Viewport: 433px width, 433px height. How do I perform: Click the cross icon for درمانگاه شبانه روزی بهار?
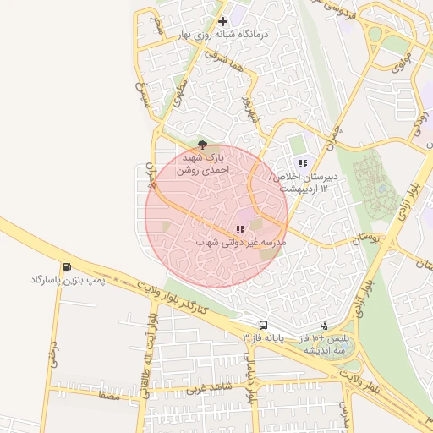point(222,21)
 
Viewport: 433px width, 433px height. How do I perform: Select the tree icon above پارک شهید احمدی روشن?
point(201,145)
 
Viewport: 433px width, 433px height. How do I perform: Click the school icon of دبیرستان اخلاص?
point(302,163)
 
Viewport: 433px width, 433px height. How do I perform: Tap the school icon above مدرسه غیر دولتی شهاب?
point(240,228)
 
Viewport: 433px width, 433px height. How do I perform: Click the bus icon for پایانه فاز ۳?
point(264,325)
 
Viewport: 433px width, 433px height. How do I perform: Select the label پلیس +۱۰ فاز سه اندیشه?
point(332,343)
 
